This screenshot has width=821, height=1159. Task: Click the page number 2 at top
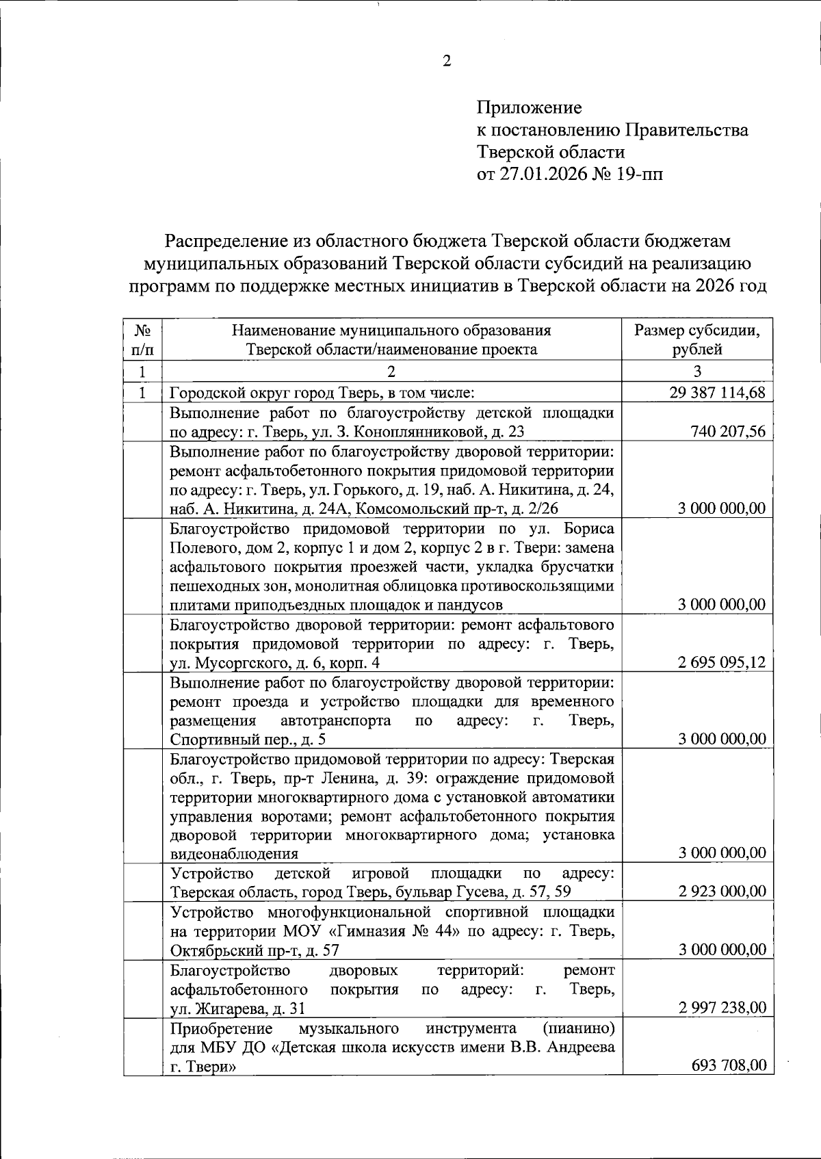coord(447,62)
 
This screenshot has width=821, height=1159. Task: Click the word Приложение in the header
coord(529,107)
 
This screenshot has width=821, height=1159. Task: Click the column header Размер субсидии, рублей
coord(696,340)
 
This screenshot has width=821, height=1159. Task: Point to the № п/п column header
coord(142,340)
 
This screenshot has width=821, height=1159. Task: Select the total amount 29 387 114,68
coord(716,393)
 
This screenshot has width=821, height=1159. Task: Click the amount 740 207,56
coord(727,431)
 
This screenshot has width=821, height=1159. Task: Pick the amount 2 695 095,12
coord(721,662)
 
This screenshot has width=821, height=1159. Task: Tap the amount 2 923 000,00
coord(721,891)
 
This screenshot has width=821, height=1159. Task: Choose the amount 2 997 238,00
coord(721,1007)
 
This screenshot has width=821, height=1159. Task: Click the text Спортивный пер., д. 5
coord(248,739)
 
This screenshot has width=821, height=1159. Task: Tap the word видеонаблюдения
coord(234,853)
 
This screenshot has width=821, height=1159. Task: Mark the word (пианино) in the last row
coord(577,1028)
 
